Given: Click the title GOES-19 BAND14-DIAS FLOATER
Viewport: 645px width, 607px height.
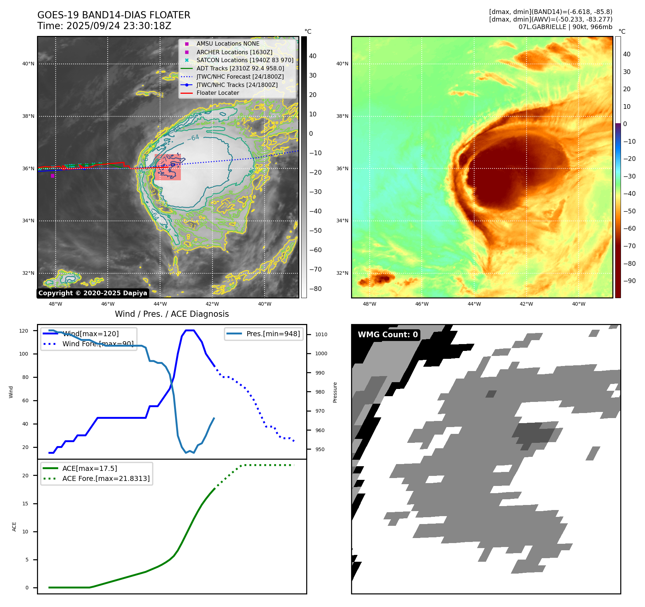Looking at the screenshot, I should (x=114, y=15).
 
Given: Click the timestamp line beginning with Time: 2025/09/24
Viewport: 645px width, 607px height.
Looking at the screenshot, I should (x=104, y=26).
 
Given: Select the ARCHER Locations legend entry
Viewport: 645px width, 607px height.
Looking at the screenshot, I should (x=234, y=52).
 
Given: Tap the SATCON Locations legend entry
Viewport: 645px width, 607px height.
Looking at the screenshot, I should (x=245, y=60).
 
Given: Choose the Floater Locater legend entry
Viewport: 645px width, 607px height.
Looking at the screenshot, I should (x=218, y=93).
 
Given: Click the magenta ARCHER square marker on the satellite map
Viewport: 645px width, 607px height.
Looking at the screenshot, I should (x=52, y=176).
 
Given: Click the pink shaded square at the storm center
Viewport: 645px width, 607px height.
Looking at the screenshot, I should (x=168, y=167).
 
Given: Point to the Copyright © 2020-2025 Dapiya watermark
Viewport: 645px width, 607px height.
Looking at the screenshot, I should (x=93, y=293).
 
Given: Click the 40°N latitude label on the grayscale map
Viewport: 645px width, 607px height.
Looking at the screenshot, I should (x=28, y=64).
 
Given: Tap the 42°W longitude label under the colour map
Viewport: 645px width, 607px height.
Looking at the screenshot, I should (x=526, y=304).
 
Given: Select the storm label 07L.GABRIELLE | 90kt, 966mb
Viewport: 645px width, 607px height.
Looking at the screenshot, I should (x=565, y=27).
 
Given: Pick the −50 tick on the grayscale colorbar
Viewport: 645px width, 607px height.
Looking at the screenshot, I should (x=316, y=231).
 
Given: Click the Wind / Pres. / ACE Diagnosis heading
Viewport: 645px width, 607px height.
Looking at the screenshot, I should (x=172, y=314).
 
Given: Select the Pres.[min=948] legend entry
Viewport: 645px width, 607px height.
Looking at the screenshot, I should (x=273, y=334).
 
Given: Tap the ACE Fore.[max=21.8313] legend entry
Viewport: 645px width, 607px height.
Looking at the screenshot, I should (x=106, y=478).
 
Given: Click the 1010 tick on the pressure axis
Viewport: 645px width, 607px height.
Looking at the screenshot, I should (x=321, y=334).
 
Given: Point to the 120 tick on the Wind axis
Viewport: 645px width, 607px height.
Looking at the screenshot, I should (x=24, y=331).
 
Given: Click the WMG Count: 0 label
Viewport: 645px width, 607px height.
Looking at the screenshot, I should (x=388, y=335).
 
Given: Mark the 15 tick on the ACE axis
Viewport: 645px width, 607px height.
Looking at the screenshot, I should (x=25, y=504).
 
